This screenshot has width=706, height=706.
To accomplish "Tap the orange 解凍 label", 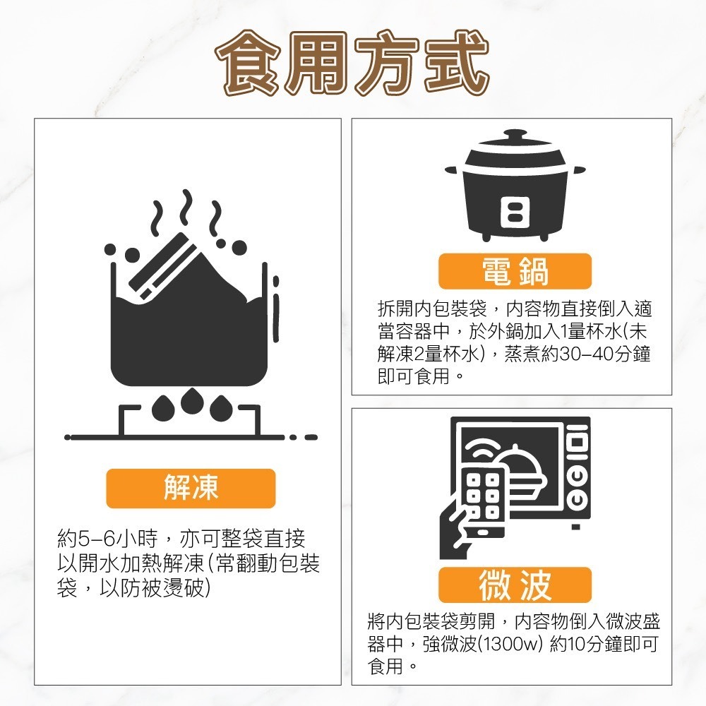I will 191,488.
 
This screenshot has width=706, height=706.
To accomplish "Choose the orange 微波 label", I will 515,585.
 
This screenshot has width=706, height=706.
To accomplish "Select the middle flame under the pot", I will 191,401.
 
